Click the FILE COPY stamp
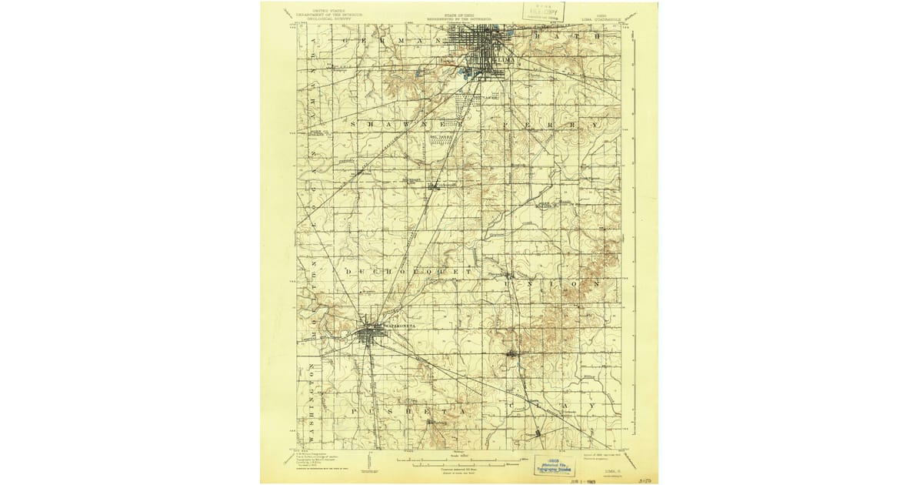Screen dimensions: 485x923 pos(545,12)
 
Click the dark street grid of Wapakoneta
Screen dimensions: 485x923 pos(372,333)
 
